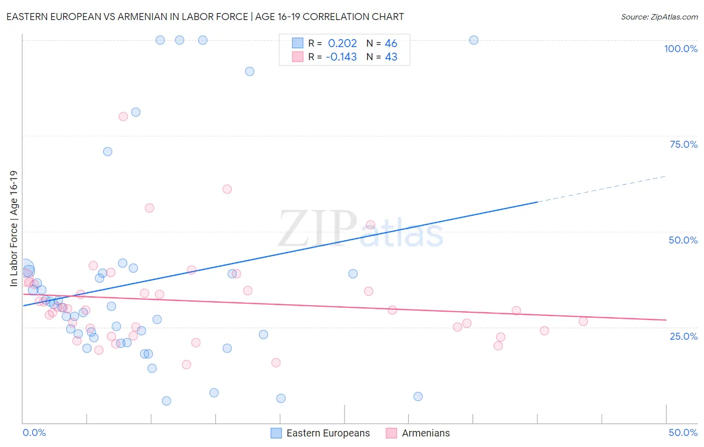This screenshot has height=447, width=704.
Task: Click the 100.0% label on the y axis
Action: pyautogui.click(x=680, y=49)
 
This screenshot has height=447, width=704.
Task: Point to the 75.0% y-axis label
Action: pyautogui.click(x=683, y=144)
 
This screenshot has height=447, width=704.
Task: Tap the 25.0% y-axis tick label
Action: pyautogui.click(x=683, y=336)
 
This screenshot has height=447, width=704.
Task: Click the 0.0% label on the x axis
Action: pyautogui.click(x=34, y=432)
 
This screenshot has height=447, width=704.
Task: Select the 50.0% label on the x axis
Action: pyautogui.click(x=683, y=432)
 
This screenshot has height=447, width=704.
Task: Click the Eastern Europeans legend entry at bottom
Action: pyautogui.click(x=320, y=433)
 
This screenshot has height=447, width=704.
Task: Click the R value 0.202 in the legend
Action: pyautogui.click(x=342, y=44)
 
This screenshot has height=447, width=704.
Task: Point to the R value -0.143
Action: pyautogui.click(x=341, y=57)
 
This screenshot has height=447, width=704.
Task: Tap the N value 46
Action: pyautogui.click(x=391, y=44)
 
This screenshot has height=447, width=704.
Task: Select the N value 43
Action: pyautogui.click(x=391, y=57)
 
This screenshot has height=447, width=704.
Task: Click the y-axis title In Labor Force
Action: pyautogui.click(x=14, y=229)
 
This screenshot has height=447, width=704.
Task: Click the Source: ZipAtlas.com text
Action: pyautogui.click(x=659, y=17)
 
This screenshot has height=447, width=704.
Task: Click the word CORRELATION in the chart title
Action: pyautogui.click(x=336, y=17)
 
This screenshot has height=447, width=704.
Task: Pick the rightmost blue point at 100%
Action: pyautogui.click(x=474, y=40)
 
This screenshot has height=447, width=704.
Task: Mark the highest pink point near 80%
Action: pyautogui.click(x=123, y=117)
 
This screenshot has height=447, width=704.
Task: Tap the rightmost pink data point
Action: pyautogui.click(x=583, y=321)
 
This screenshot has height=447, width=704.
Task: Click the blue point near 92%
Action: pyautogui.click(x=249, y=72)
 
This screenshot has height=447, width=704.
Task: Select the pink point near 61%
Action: pyautogui.click(x=227, y=189)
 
